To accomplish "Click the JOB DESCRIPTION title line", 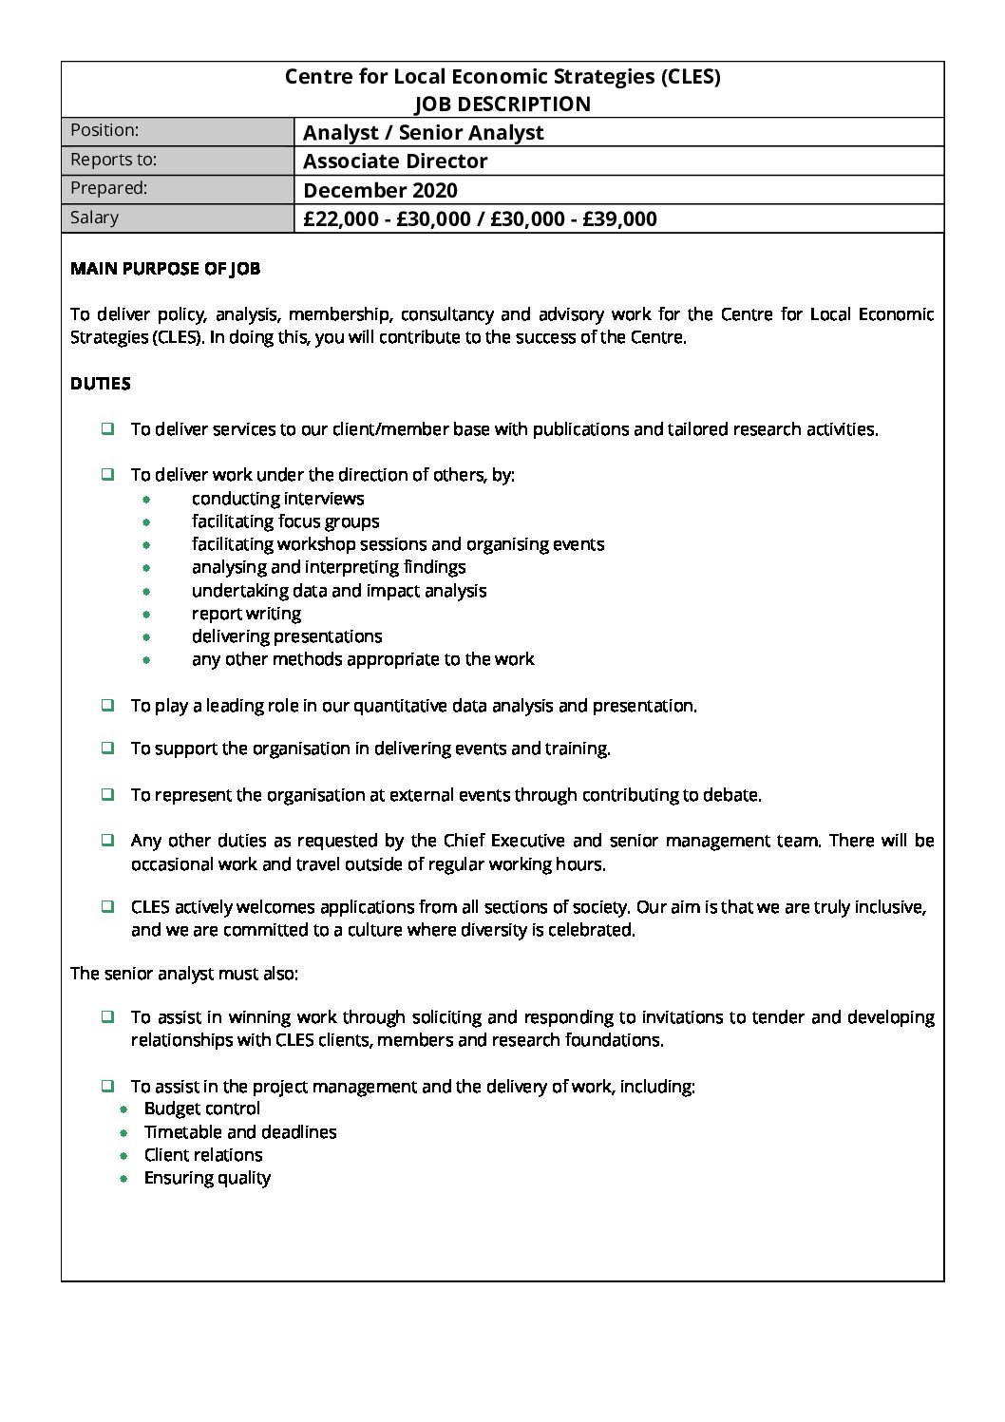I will [502, 104].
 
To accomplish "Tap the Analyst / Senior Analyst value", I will [423, 132].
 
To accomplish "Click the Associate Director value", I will [395, 161].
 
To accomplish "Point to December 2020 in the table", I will [380, 190].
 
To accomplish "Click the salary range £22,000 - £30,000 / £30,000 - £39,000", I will [480, 219].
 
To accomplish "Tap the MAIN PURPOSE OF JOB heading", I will [165, 269].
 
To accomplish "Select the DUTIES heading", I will [101, 384].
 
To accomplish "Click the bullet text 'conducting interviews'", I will [277, 499].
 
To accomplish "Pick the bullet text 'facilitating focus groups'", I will [285, 521].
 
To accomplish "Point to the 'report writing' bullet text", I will [246, 614].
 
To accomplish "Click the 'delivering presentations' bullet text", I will [287, 636].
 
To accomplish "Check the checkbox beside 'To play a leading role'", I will [108, 705].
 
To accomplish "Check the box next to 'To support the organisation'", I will [108, 748].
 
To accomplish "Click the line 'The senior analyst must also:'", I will [184, 974].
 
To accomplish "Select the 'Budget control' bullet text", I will [201, 1109].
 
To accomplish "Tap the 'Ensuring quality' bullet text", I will [207, 1178].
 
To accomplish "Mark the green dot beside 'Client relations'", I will [123, 1155].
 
